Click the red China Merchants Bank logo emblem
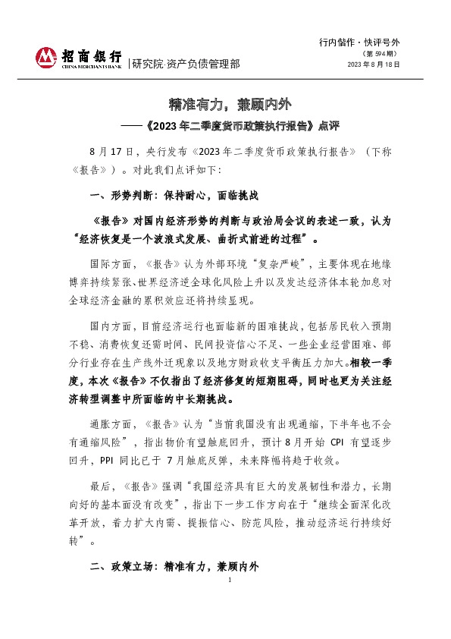[x=48, y=58]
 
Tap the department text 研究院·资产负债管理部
[x=186, y=64]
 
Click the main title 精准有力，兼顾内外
[x=224, y=102]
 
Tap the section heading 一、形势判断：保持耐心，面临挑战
[x=175, y=196]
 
